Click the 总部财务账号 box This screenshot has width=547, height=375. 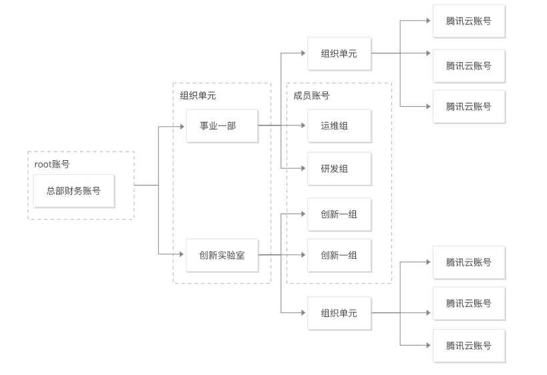click(x=73, y=191)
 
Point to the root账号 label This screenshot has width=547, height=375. click(x=52, y=163)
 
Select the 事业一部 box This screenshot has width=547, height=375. click(x=222, y=125)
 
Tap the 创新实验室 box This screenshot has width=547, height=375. click(x=222, y=255)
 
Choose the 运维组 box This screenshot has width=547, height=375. click(x=339, y=125)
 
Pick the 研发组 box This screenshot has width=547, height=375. click(x=339, y=169)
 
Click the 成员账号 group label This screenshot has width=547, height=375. click(x=311, y=95)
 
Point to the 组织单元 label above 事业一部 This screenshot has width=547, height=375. click(x=198, y=95)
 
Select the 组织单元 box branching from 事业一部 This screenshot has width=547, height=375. click(x=339, y=53)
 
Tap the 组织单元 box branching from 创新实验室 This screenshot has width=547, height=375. click(x=339, y=313)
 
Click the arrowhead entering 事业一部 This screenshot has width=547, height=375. click(x=182, y=125)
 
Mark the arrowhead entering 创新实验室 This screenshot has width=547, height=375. click(x=182, y=254)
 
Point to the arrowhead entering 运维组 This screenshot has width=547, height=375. click(x=303, y=125)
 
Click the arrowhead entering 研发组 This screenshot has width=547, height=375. click(x=303, y=169)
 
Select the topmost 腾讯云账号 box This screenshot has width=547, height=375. click(x=469, y=21)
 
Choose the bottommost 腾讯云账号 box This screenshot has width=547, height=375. click(x=469, y=345)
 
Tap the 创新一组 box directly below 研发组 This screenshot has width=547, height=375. click(x=339, y=214)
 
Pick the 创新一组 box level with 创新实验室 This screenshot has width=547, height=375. click(x=339, y=255)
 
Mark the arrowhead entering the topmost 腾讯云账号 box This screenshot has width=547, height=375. click(x=429, y=21)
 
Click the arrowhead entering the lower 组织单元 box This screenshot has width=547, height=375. click(x=303, y=313)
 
